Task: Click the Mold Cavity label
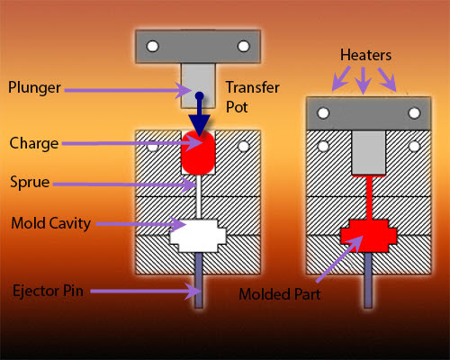click(x=49, y=223)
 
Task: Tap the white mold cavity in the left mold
click(x=198, y=236)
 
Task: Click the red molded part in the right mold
click(x=368, y=236)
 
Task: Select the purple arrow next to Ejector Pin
click(x=144, y=290)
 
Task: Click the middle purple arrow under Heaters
click(x=362, y=81)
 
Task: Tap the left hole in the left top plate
click(x=154, y=46)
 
